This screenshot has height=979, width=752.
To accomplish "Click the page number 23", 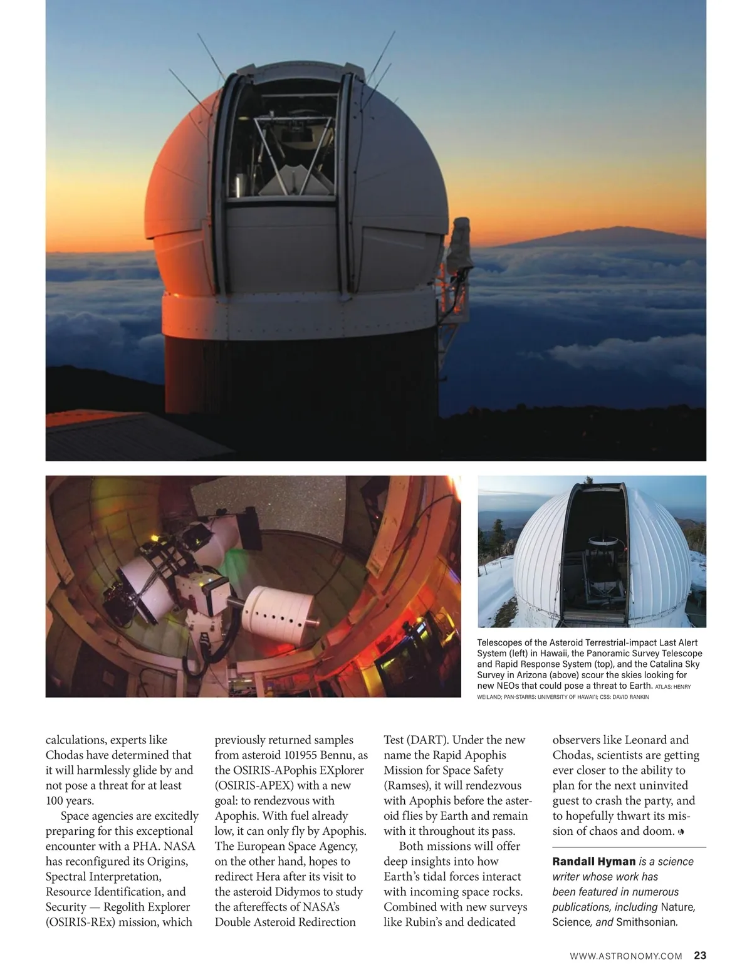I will [x=700, y=956].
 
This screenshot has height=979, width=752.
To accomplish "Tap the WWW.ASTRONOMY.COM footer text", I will [x=625, y=956].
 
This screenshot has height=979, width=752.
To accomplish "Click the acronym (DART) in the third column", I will [x=425, y=740].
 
